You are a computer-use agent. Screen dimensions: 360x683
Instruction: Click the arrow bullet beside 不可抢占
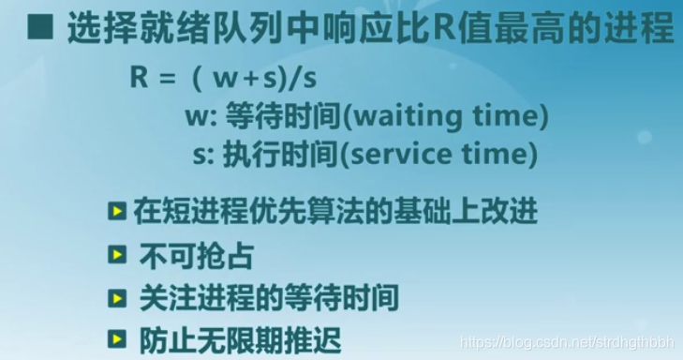click(117, 255)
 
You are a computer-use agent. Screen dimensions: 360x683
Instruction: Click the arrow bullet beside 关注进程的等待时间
click(117, 298)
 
